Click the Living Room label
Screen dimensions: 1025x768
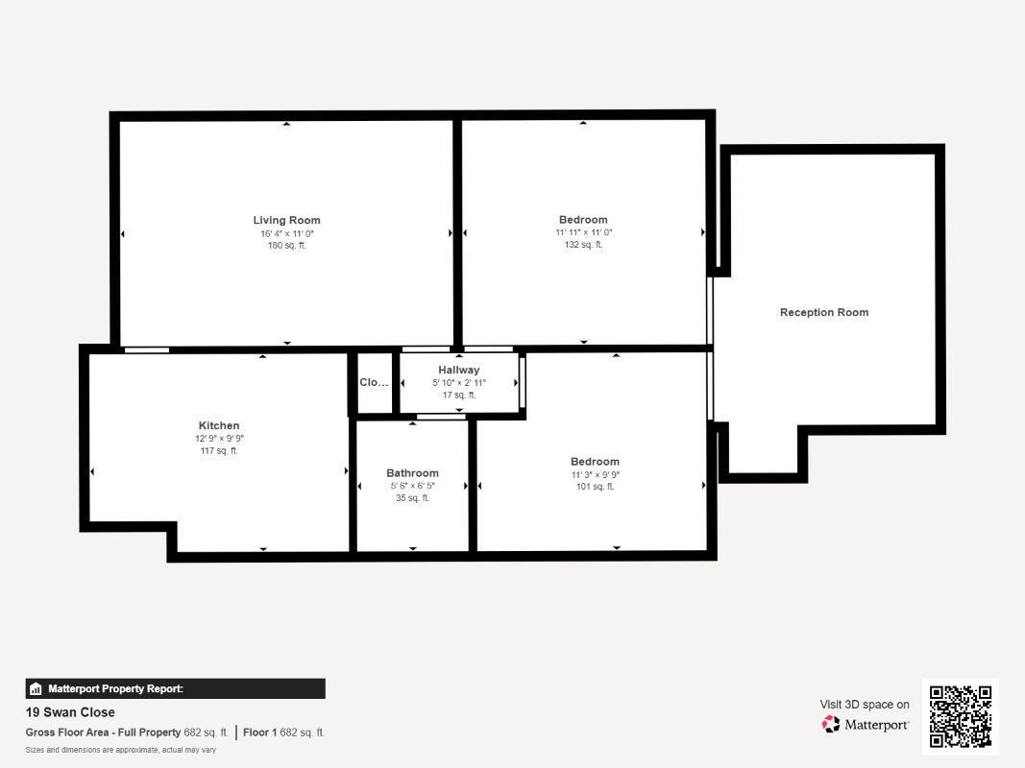pos(286,220)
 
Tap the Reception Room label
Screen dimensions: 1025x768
pos(823,312)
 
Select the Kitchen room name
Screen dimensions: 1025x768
pos(219,425)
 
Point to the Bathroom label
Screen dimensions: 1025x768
pos(412,473)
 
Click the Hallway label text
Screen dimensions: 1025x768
pos(459,370)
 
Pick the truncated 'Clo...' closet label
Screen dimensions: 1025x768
pos(374,382)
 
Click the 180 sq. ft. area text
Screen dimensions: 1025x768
pos(286,246)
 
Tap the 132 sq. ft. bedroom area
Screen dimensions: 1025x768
pos(584,244)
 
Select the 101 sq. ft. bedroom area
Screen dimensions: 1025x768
pos(595,487)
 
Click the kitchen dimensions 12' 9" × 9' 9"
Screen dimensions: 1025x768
pos(219,438)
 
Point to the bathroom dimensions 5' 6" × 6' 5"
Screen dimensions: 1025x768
pos(412,486)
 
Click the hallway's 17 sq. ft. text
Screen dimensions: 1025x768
pos(459,396)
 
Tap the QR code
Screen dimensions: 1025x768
pos(961,716)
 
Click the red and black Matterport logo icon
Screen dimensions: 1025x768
pos(831,724)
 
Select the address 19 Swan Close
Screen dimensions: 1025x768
pos(70,712)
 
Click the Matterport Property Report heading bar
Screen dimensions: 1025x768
pos(175,688)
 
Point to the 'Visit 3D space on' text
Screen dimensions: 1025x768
pos(865,704)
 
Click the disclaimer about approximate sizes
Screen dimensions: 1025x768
pos(120,750)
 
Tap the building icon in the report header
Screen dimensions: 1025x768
pos(36,689)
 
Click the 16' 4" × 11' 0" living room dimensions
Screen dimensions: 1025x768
pos(287,233)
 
